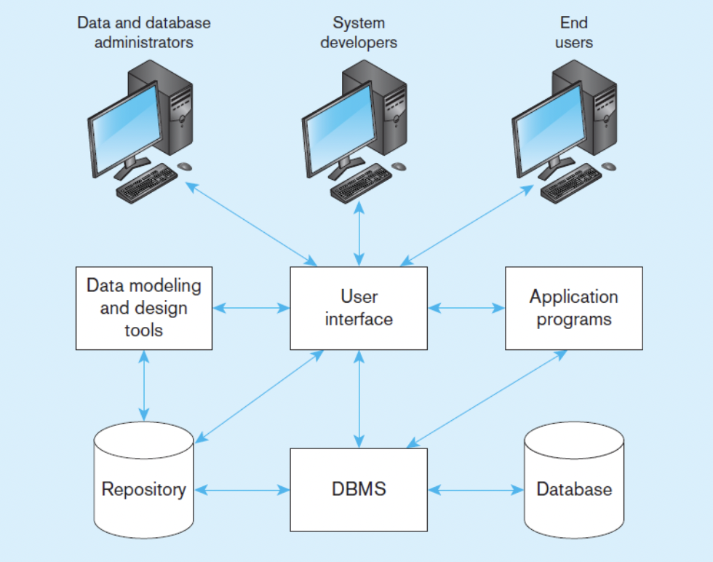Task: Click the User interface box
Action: (359, 308)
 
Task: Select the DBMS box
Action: (359, 489)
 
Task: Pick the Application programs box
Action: (574, 308)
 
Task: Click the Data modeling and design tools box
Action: (144, 308)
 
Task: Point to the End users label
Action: (574, 32)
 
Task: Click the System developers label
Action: (359, 32)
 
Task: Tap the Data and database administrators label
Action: (144, 32)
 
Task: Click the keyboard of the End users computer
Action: (571, 183)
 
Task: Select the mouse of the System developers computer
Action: (399, 166)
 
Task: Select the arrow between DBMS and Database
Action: (476, 490)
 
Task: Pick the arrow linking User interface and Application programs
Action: (466, 308)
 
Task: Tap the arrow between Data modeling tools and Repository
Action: (144, 385)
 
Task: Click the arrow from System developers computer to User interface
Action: (359, 234)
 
